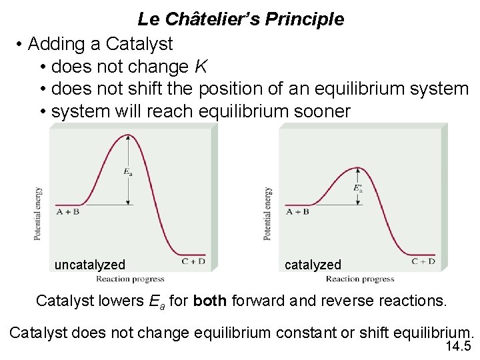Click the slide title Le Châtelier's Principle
coord(241,19)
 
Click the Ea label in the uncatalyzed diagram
coord(127,172)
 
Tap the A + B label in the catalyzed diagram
coord(297,212)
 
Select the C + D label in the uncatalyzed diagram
coord(193,261)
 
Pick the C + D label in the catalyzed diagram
coord(423,261)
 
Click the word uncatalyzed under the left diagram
coord(89,265)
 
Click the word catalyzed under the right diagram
coord(313,265)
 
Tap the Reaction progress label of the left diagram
coord(130,279)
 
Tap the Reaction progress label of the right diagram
coord(360,279)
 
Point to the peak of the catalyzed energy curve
coord(358,167)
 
